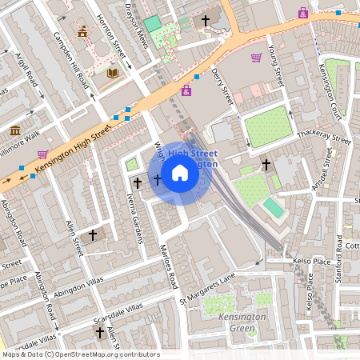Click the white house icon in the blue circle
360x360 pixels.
[x=180, y=173]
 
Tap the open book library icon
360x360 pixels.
[x=112, y=73]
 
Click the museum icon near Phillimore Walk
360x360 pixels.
[x=15, y=130]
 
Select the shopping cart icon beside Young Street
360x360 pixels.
[x=256, y=58]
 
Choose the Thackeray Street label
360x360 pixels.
[x=323, y=138]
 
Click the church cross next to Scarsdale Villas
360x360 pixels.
[x=100, y=331]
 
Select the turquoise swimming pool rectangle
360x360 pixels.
[x=273, y=208]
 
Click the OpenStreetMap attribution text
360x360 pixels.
[x=80, y=354]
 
